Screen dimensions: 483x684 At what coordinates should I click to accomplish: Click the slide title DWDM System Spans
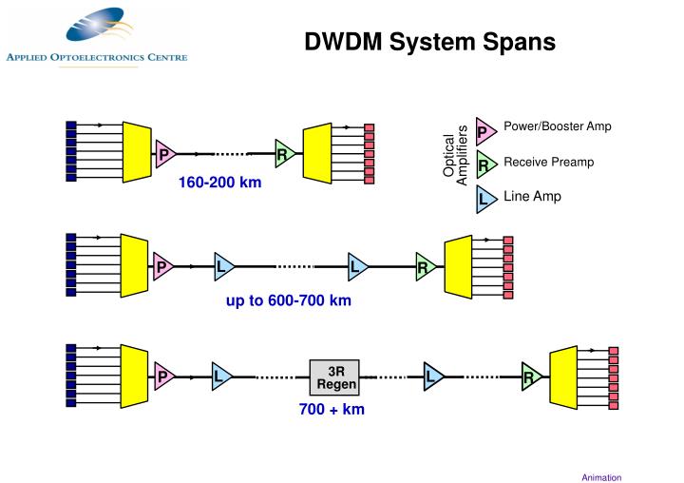[x=429, y=42]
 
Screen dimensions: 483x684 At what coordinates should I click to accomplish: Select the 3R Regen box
[x=335, y=377]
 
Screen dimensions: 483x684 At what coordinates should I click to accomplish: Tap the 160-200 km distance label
[x=219, y=183]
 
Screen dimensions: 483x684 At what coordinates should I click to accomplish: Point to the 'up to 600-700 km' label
[x=288, y=300]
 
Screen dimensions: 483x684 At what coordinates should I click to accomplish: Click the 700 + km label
[x=332, y=410]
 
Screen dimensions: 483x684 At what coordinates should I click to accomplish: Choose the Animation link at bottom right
[x=601, y=477]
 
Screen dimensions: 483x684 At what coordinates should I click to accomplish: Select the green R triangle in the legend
[x=484, y=165]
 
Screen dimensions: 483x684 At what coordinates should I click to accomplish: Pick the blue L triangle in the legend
[x=484, y=200]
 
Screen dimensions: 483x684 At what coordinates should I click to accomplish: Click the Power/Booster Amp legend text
[x=557, y=126]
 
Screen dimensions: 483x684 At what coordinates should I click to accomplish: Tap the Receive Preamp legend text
[x=548, y=162]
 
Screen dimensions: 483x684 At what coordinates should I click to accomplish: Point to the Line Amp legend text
[x=532, y=197]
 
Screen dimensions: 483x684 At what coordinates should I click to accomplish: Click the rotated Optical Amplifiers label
[x=456, y=156]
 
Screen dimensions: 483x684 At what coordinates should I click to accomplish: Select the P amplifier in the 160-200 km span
[x=164, y=153]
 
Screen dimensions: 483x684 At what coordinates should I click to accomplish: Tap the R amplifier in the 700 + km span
[x=530, y=377]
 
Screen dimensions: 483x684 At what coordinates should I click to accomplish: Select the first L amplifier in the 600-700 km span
[x=222, y=267]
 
